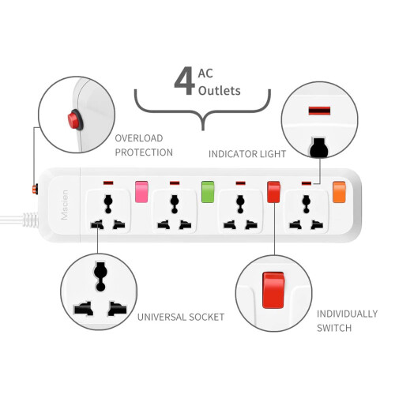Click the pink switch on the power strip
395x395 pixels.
coord(141,192)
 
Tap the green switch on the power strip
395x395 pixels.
coord(208,192)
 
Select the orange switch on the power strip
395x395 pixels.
coord(339,192)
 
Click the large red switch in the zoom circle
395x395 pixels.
coord(273,290)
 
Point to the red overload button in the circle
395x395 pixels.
coord(74,120)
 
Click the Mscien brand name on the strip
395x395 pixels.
coord(65,205)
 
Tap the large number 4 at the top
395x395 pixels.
coord(185,81)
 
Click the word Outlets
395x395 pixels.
coord(220,91)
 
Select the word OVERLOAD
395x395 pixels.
coord(139,138)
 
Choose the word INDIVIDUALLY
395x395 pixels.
coord(347,314)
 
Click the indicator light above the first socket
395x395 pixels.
coord(108,182)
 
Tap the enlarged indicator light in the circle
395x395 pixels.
coord(319,111)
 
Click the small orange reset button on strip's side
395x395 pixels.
coord(35,189)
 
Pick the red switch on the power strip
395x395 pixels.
coord(273,192)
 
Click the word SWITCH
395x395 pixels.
coord(334,328)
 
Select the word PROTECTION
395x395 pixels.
coord(144,152)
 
